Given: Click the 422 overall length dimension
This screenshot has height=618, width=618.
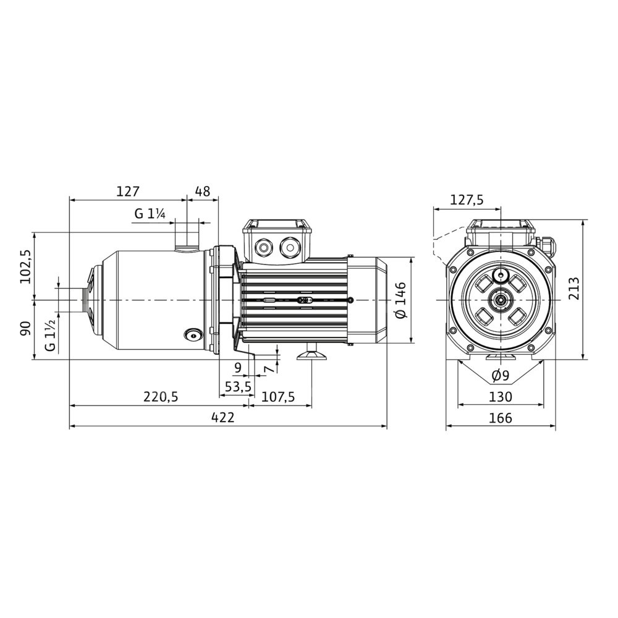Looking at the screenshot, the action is click(222, 417).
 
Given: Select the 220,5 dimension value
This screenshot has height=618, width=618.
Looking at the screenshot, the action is click(161, 397).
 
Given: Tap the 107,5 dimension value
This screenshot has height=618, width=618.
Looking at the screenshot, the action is click(278, 397).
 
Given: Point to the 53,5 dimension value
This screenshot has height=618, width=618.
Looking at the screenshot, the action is click(238, 387).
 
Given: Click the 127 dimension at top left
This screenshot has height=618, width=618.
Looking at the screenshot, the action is click(128, 191).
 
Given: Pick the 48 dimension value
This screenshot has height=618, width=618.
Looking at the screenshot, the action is click(203, 191).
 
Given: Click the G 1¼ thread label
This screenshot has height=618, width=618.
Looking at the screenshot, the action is click(150, 214).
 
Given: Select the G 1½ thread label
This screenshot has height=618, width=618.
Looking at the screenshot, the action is click(51, 335).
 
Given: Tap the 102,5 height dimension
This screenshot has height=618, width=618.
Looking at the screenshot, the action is click(27, 266).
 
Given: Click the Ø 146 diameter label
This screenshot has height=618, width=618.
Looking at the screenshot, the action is click(400, 301).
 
